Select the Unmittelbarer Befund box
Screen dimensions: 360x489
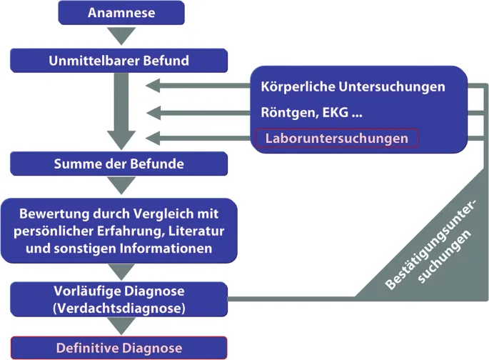[119, 61]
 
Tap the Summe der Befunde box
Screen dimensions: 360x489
[119, 164]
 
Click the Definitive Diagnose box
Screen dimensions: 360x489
[119, 349]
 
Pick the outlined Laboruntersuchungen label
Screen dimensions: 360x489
[337, 138]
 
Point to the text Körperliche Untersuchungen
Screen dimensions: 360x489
[353, 86]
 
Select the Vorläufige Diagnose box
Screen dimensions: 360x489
[119, 299]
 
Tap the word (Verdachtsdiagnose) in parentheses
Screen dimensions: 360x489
[119, 307]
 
